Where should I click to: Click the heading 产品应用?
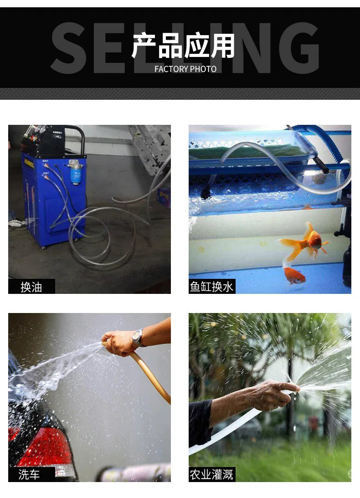(183, 46)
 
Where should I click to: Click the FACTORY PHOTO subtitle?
(185, 69)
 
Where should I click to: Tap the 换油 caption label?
(31, 287)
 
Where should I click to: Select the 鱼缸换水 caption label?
(212, 287)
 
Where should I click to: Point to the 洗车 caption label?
(30, 475)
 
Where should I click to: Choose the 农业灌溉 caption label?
(212, 475)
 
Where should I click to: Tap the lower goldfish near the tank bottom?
(293, 275)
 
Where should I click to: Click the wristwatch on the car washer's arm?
(137, 338)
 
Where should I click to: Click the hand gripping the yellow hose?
(118, 343)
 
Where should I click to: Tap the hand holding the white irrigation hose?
(273, 395)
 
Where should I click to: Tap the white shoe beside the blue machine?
(15, 223)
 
